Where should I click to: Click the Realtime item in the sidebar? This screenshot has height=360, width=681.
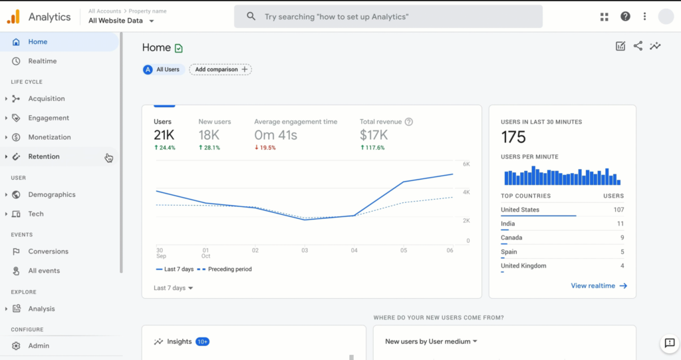42,61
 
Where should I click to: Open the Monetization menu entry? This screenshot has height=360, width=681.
49,137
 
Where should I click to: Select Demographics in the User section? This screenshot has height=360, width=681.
51,195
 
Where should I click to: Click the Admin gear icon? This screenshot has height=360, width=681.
16,346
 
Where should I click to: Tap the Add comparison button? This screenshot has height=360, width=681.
220,69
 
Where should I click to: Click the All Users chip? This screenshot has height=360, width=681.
164,69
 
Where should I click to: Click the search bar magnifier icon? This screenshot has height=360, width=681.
251,17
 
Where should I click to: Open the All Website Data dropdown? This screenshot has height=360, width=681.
122,21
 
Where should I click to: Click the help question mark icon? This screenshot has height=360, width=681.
625,17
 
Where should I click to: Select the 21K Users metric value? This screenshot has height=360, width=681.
164,135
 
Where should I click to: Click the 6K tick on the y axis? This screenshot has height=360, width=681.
467,164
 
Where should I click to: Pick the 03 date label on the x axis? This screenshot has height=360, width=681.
305,250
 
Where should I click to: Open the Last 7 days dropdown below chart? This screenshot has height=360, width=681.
173,288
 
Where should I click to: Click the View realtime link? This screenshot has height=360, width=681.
599,286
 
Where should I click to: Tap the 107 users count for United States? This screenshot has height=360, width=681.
618,210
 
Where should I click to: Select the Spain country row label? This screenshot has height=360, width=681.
509,252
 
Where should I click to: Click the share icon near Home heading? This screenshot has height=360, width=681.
638,46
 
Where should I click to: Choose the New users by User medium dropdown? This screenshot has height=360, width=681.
432,341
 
